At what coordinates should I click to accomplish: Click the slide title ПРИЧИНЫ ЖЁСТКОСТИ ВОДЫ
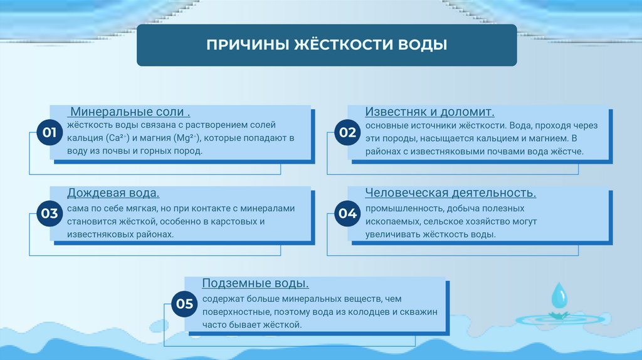click(327, 46)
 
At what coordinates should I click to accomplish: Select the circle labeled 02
click(347, 133)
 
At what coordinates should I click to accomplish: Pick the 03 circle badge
click(50, 214)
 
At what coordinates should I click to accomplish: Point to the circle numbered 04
click(347, 214)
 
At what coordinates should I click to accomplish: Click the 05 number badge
click(184, 304)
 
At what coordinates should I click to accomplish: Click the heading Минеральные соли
click(130, 112)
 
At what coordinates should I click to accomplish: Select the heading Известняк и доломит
click(430, 112)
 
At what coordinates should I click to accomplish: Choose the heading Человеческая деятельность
click(450, 193)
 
